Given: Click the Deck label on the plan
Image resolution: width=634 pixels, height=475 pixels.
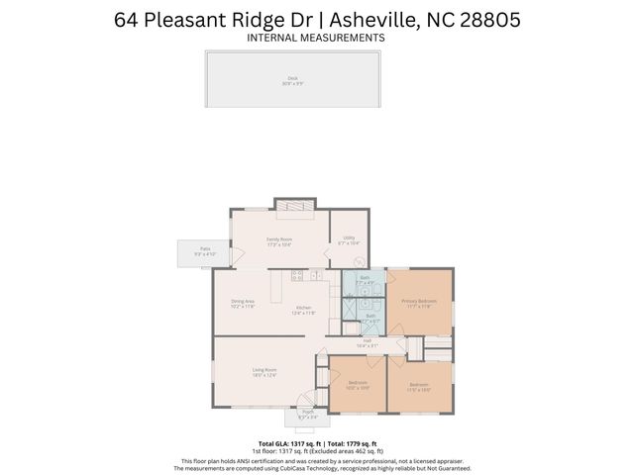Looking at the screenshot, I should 292,77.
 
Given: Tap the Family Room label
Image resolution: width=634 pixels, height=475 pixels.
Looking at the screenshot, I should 278,239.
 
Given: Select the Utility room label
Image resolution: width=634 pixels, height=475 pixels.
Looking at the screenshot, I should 349,238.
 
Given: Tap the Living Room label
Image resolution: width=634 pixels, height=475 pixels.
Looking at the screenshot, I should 264,371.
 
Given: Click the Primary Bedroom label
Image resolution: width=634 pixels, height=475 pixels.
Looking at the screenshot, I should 420,301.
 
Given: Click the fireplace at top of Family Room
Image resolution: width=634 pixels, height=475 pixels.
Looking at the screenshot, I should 294,206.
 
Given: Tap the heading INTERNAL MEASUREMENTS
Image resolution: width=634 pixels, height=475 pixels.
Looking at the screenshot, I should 316,38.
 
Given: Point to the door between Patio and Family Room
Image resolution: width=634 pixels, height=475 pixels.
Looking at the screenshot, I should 236,253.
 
